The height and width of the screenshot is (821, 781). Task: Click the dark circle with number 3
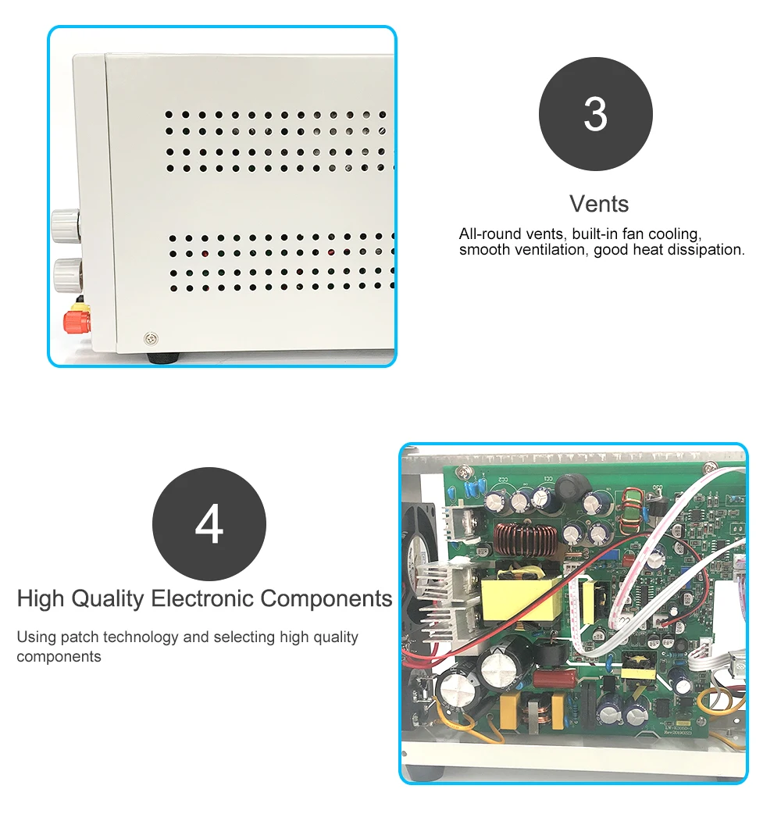pyautogui.click(x=595, y=114)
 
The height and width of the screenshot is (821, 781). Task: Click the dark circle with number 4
pyautogui.click(x=209, y=524)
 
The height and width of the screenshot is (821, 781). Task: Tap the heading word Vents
pyautogui.click(x=599, y=204)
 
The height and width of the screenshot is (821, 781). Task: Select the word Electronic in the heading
pyautogui.click(x=203, y=599)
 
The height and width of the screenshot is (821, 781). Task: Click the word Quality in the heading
pyautogui.click(x=108, y=599)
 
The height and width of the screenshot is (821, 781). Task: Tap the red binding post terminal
pyautogui.click(x=77, y=320)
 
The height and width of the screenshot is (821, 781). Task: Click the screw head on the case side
pyautogui.click(x=151, y=338)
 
